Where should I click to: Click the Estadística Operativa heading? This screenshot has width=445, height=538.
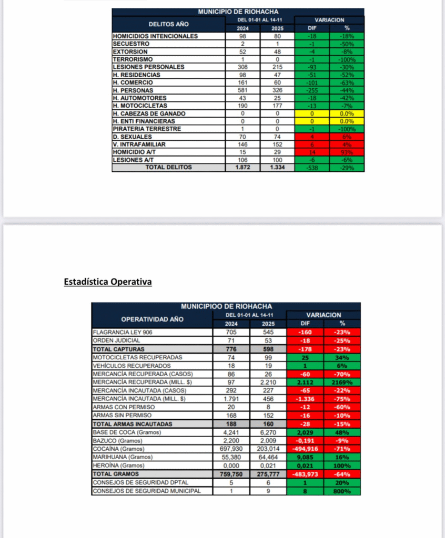click(108, 282)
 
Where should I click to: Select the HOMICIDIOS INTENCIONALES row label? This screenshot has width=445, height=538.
click(155, 36)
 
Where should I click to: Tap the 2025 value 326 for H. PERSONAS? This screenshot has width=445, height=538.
click(277, 90)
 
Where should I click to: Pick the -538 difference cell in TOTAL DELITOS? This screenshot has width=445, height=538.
click(312, 168)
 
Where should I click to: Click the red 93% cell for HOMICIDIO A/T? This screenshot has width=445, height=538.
click(347, 152)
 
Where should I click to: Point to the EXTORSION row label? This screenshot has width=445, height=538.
click(130, 51)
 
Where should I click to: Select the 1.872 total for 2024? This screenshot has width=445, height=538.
click(242, 168)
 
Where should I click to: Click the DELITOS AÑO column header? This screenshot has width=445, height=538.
click(168, 24)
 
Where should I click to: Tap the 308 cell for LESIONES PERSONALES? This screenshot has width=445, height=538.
click(242, 67)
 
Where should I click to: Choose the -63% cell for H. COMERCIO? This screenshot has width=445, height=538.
click(347, 82)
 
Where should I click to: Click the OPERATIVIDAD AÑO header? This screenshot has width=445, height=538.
click(151, 319)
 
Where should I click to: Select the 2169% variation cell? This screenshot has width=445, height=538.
click(341, 381)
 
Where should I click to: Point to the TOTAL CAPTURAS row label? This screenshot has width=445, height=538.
click(118, 349)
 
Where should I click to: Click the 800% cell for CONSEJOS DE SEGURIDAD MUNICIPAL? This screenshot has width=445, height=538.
click(341, 491)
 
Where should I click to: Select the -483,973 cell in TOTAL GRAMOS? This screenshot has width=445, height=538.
click(305, 474)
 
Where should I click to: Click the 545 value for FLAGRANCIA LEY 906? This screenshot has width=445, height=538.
click(268, 332)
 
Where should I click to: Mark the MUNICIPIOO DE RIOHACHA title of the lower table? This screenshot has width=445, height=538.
click(226, 306)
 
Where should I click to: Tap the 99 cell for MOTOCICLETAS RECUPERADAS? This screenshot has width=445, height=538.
click(268, 357)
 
